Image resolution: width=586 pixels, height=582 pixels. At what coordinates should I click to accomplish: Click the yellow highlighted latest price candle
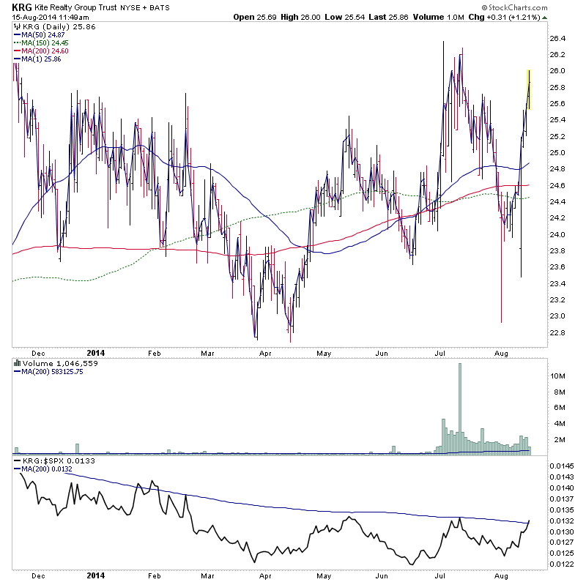[x=529, y=89]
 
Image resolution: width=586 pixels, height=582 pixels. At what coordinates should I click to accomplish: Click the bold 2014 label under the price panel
[x=96, y=353]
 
